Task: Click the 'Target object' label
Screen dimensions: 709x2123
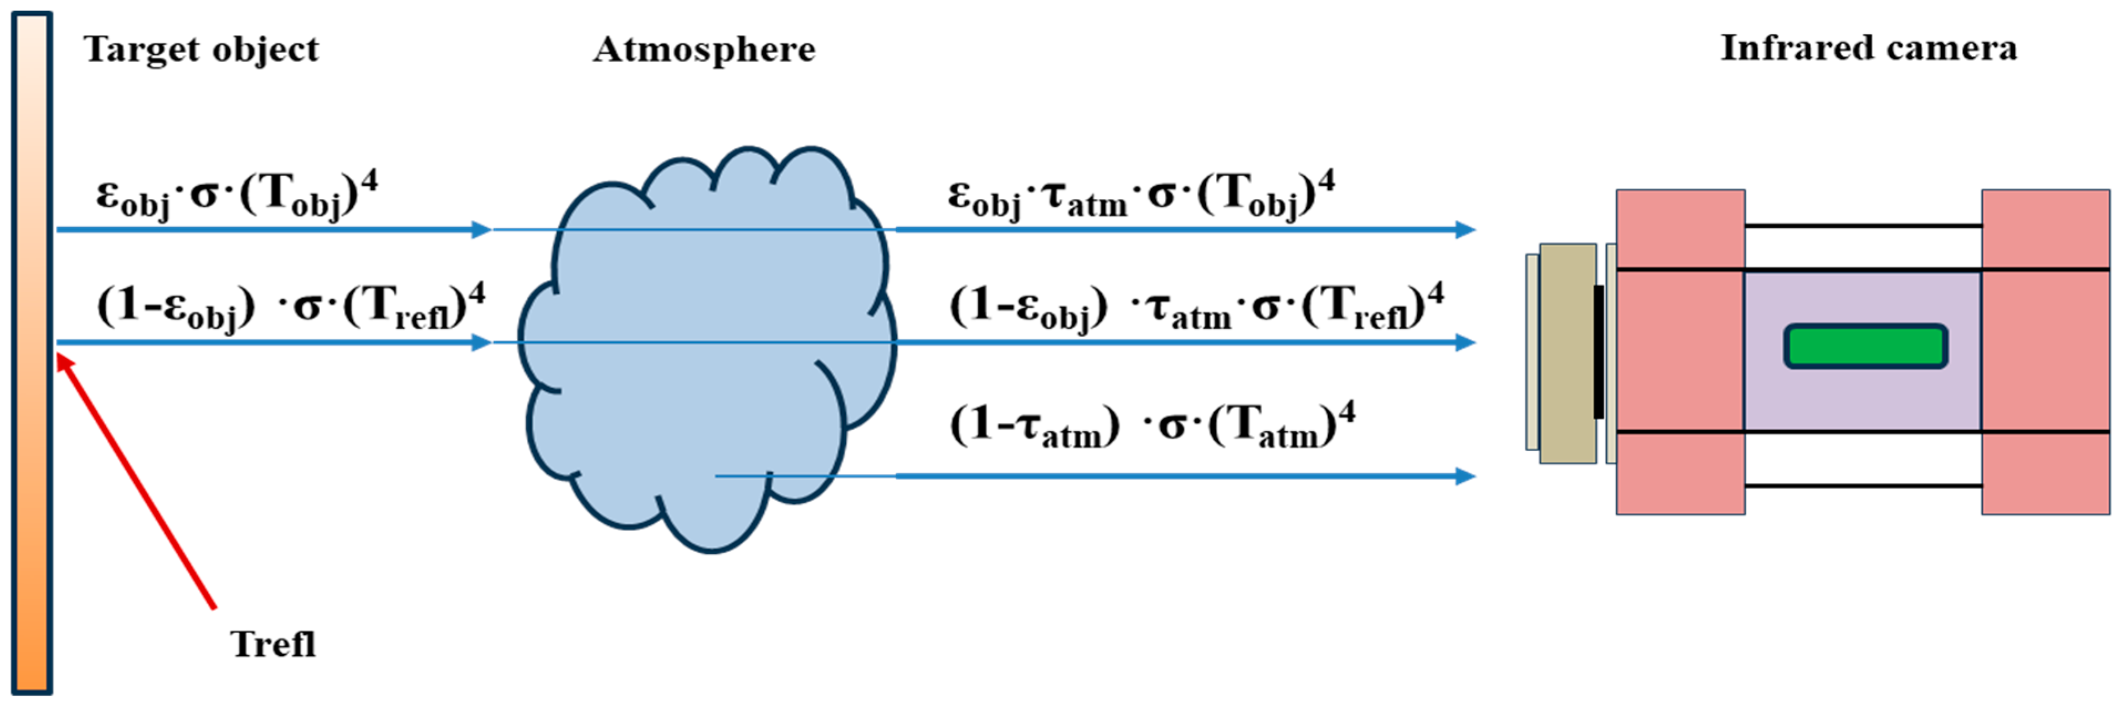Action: (201, 49)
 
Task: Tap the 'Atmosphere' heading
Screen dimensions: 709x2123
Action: (704, 49)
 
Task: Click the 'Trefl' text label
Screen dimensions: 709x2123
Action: (273, 644)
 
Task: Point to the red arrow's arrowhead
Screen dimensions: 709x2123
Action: (63, 361)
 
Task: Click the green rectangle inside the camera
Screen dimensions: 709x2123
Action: (1865, 346)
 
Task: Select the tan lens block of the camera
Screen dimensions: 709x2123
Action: (1567, 353)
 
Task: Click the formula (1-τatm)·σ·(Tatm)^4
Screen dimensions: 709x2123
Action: (1152, 425)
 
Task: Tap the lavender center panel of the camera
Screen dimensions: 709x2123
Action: (1863, 396)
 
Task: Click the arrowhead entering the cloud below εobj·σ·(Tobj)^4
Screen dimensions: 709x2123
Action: (481, 230)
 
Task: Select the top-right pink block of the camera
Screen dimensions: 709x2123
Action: (2045, 228)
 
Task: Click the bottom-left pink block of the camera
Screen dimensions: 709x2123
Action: (1679, 473)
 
